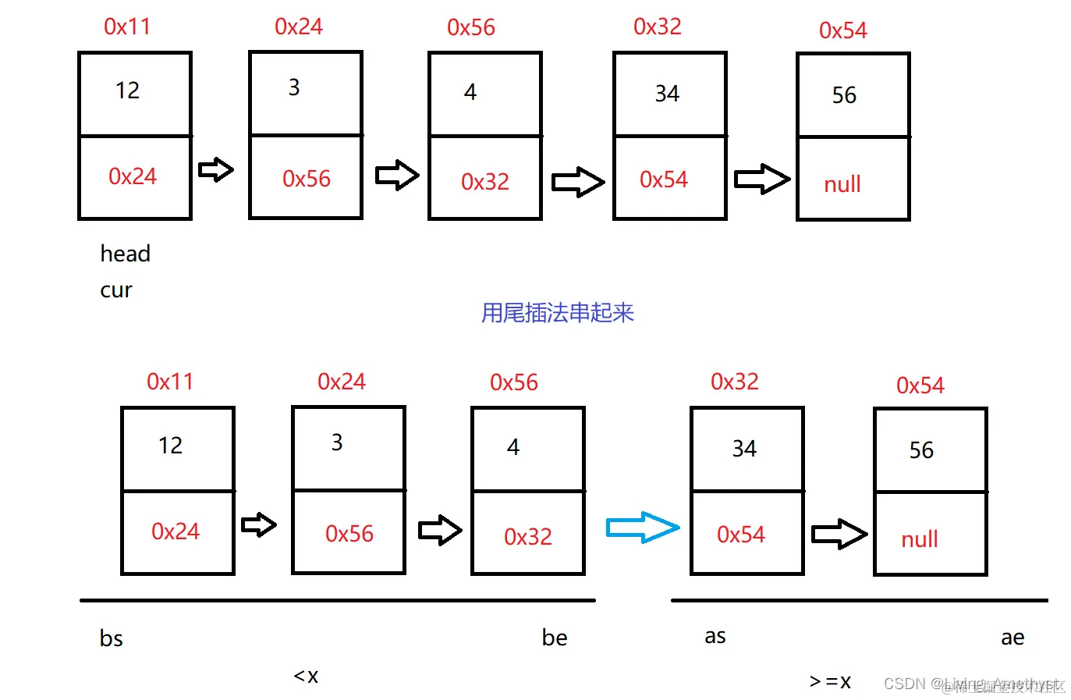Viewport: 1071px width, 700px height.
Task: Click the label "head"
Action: [x=125, y=254]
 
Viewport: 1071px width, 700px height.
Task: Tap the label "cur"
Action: [x=116, y=290]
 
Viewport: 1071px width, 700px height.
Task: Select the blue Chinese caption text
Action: [x=557, y=313]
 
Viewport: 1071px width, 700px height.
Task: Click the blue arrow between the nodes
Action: [x=643, y=528]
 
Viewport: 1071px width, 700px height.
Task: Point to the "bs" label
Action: [x=111, y=638]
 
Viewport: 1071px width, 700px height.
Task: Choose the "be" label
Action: [x=555, y=638]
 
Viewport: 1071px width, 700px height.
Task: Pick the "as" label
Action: [x=715, y=636]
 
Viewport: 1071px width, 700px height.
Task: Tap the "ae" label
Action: [x=1012, y=638]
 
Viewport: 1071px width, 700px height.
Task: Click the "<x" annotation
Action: [x=306, y=676]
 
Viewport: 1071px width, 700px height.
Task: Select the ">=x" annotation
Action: [x=830, y=681]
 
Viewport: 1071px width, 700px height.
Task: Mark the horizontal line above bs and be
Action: [x=337, y=600]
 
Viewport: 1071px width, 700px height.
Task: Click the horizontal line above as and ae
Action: [x=859, y=600]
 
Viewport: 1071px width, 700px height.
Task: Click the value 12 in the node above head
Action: [x=127, y=91]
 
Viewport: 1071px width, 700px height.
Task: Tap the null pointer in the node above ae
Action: [x=919, y=539]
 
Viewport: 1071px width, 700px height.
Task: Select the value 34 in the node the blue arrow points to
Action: [x=743, y=449]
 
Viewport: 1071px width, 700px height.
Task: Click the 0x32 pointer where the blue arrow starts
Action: [x=527, y=537]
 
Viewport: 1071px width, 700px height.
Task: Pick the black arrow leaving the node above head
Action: [x=216, y=169]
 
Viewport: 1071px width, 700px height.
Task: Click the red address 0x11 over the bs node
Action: [x=170, y=382]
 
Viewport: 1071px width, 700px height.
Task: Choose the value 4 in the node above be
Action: [x=512, y=447]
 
